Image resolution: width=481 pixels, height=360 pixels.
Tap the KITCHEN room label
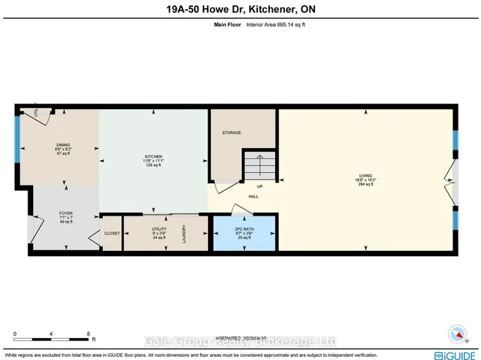[154, 157]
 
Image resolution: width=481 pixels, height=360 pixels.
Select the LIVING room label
[365, 177]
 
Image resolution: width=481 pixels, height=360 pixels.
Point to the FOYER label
[65, 213]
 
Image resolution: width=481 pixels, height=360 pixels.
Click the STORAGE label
[231, 132]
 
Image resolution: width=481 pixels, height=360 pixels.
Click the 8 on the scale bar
[89, 333]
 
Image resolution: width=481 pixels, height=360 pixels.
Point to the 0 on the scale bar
[14, 333]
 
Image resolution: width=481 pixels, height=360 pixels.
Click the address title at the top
[240, 11]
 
